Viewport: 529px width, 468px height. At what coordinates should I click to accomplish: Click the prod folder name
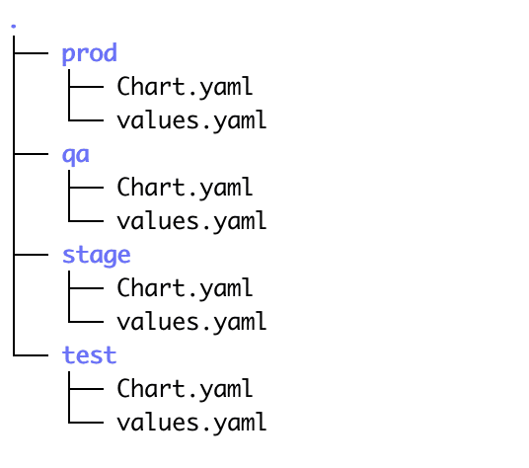90,53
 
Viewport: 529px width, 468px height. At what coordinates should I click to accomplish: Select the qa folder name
76,155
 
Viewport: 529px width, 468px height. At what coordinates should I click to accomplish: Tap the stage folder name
97,256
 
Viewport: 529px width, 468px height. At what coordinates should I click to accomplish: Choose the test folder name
90,355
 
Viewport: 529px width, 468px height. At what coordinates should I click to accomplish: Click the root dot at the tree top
14,26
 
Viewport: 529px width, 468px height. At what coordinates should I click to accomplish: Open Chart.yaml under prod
185,87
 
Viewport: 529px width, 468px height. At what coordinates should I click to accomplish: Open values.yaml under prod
191,120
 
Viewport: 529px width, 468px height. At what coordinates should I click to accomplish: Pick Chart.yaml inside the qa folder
185,188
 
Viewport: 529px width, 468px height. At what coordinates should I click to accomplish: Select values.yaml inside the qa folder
191,221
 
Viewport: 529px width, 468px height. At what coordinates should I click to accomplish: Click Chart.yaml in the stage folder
185,288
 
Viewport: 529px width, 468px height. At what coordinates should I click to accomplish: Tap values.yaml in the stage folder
191,322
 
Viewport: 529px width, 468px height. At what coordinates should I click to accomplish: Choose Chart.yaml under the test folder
185,388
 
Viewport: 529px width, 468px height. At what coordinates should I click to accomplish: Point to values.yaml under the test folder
191,423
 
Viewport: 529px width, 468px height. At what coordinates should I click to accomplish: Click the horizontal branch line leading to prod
31,53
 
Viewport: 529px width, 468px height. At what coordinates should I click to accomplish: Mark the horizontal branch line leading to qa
31,154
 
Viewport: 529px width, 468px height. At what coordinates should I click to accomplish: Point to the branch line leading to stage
31,255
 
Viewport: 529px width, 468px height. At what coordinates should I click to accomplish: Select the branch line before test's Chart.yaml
86,389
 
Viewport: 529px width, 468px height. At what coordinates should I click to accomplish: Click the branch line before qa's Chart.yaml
86,188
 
